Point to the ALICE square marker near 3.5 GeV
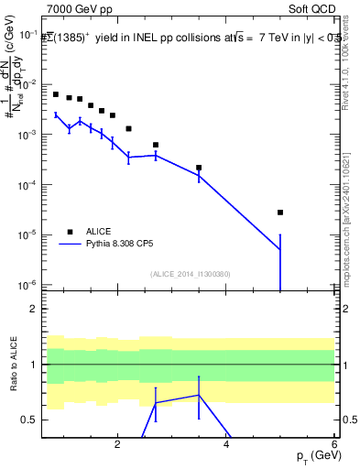tap(199, 168)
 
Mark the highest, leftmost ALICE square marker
tap(56, 94)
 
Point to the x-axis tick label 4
tap(226, 445)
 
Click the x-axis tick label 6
tap(335, 445)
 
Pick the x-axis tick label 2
tap(117, 445)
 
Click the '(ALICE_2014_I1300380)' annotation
tap(191, 274)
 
